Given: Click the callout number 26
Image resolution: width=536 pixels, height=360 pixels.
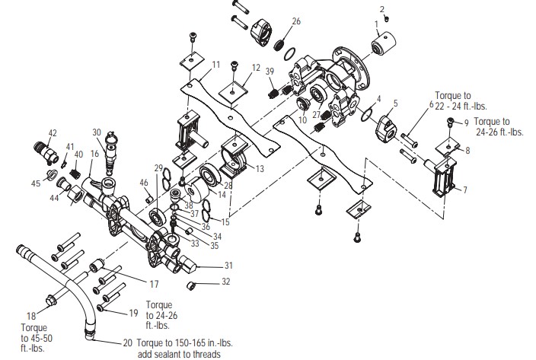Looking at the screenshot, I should (x=296, y=21).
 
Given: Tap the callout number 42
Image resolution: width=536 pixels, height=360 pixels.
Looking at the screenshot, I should (x=53, y=133).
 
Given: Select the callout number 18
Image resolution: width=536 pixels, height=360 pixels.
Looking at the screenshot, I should (x=31, y=315).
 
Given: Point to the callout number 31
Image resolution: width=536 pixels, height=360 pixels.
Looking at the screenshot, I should (x=228, y=265).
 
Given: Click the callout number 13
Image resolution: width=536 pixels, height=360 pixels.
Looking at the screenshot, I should (x=260, y=168).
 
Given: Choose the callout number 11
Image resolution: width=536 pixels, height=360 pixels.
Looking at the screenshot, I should (x=216, y=64).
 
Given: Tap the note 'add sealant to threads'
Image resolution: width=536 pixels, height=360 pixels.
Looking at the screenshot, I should (x=179, y=354).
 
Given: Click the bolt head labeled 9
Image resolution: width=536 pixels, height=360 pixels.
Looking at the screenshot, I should (x=451, y=123).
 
